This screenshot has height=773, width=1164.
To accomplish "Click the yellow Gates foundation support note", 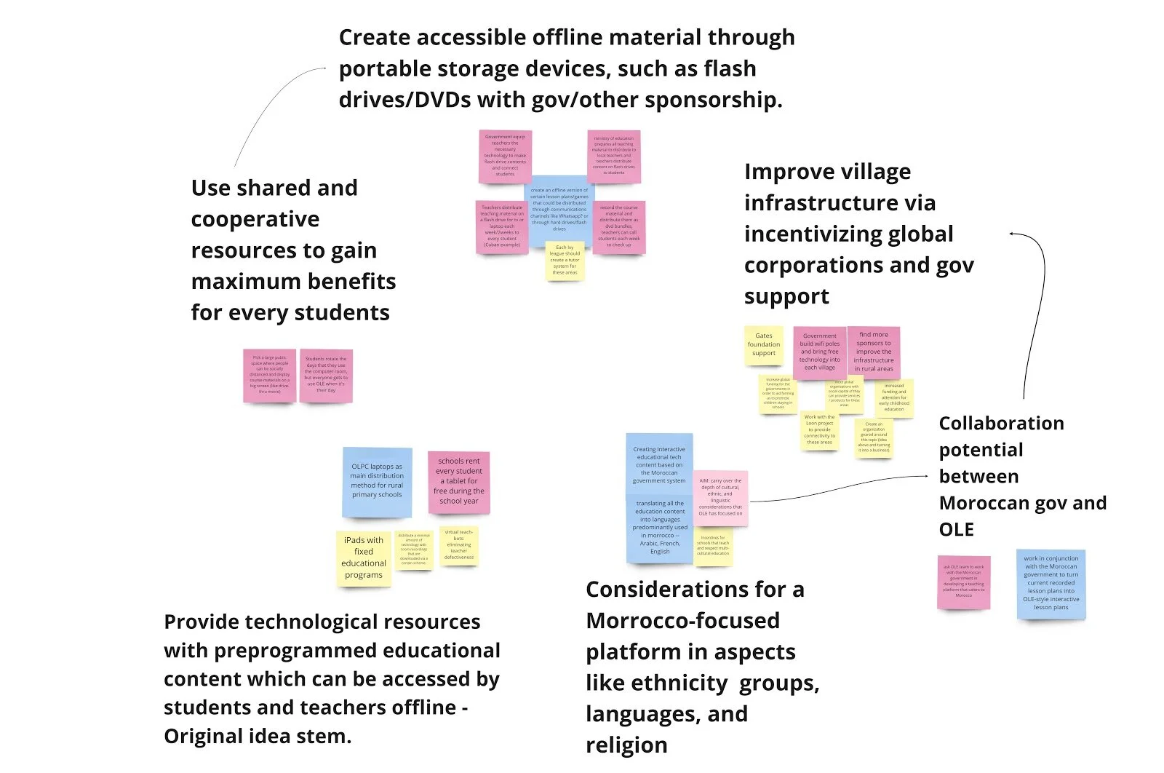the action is pyautogui.click(x=763, y=345).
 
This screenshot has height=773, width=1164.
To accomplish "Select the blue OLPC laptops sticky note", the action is pyautogui.click(x=377, y=481).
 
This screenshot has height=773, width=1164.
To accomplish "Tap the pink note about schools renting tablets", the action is pyautogui.click(x=459, y=481).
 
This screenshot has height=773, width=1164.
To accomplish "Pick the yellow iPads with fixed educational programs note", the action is pyautogui.click(x=364, y=558).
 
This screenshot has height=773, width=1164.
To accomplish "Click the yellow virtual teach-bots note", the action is pyautogui.click(x=459, y=545).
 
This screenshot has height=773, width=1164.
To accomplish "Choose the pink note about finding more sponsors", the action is pyautogui.click(x=873, y=352).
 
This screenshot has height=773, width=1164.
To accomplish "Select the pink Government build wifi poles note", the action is pyautogui.click(x=819, y=353).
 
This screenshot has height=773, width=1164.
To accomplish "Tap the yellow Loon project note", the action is pyautogui.click(x=819, y=430).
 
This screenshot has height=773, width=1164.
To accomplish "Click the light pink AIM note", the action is pyautogui.click(x=720, y=498).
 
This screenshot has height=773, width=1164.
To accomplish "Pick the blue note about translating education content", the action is pyautogui.click(x=659, y=528).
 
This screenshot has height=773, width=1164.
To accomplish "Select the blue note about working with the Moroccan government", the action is pyautogui.click(x=1051, y=583).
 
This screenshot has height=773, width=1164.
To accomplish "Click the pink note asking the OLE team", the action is pyautogui.click(x=963, y=582).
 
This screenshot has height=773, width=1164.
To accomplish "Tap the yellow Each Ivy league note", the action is pyautogui.click(x=565, y=260).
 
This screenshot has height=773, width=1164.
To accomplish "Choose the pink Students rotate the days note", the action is pyautogui.click(x=326, y=375).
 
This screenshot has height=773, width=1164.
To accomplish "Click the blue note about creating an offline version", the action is pyautogui.click(x=559, y=210).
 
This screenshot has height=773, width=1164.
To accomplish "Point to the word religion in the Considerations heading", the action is pyautogui.click(x=626, y=745).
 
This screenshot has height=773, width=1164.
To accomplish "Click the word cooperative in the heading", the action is pyautogui.click(x=255, y=219).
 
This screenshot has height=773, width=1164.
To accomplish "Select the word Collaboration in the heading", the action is pyautogui.click(x=1001, y=424).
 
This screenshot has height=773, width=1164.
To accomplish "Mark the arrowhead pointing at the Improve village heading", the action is pyautogui.click(x=1012, y=234).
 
